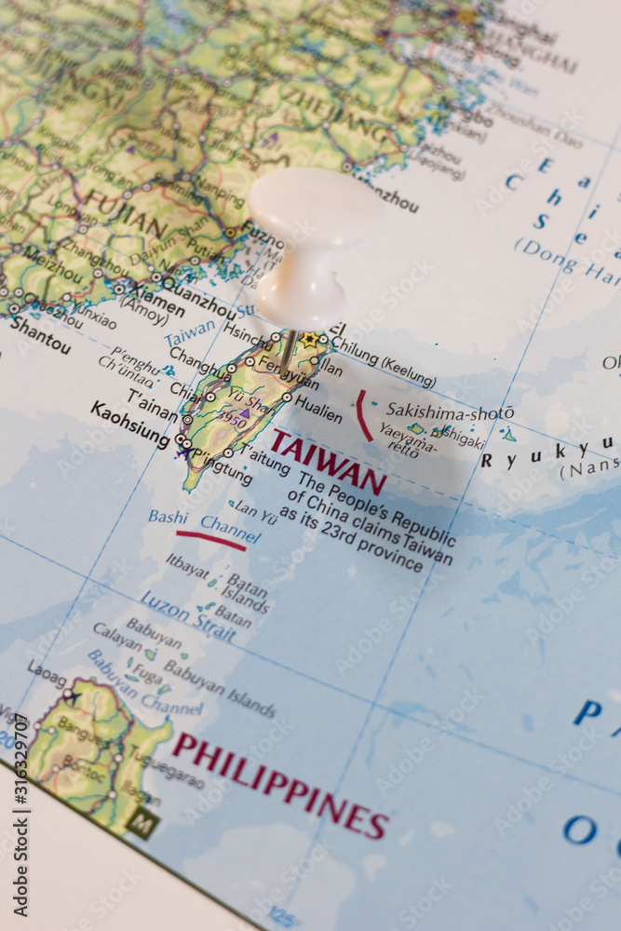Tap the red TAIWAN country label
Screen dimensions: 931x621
(x=328, y=462)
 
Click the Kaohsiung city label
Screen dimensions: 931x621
(x=130, y=424)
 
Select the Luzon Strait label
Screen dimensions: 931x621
(x=187, y=615)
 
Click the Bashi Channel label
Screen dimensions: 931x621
(x=203, y=522)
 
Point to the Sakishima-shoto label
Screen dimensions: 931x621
(x=450, y=411)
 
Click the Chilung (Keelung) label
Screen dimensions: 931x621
(x=383, y=367)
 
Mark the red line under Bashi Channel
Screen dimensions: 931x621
(x=210, y=540)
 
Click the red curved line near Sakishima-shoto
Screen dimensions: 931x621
(x=362, y=415)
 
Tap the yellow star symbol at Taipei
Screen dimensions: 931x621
(x=309, y=341)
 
